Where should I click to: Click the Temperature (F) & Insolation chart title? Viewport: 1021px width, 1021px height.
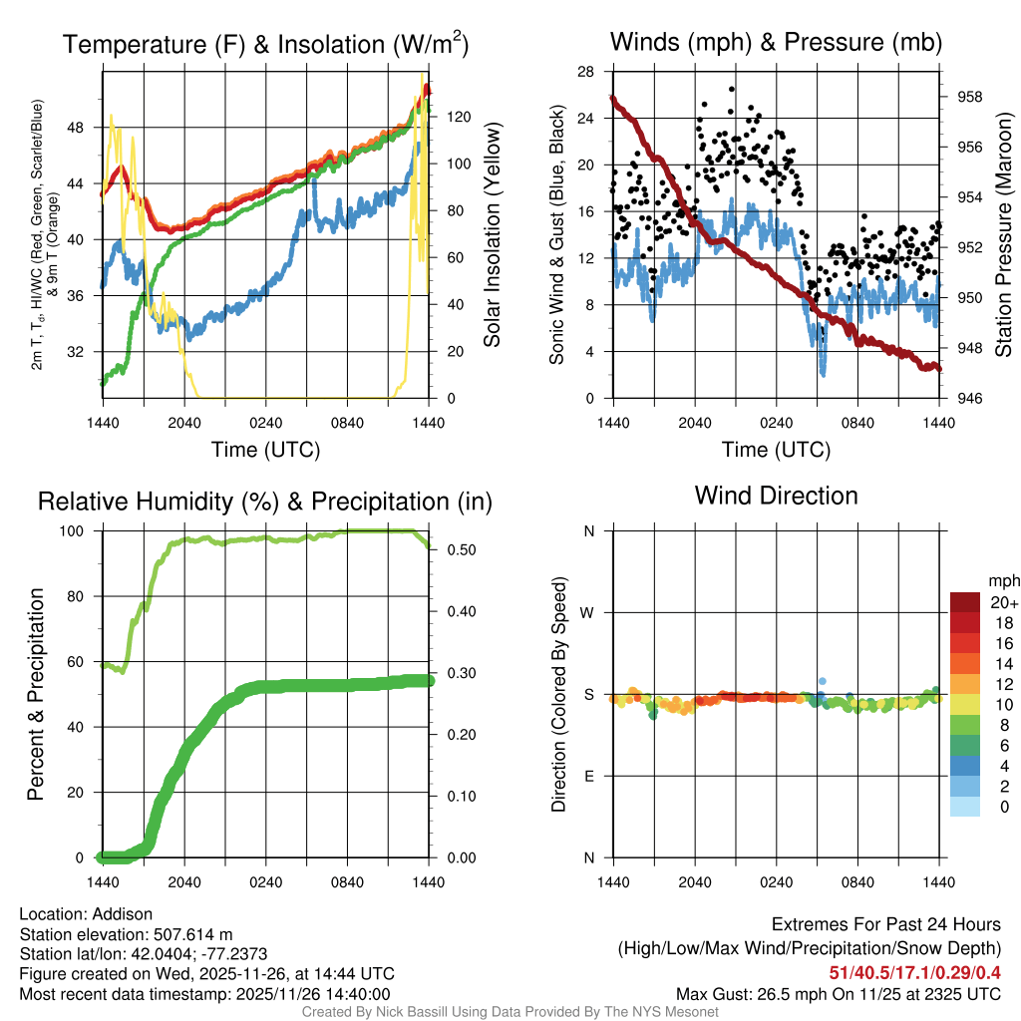(x=265, y=44)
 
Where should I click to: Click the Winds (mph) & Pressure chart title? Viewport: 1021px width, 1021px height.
(x=776, y=42)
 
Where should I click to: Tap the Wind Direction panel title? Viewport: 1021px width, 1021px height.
(x=776, y=496)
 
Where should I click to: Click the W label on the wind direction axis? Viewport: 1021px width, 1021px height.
(x=589, y=613)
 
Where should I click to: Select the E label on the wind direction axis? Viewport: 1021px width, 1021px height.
(x=589, y=777)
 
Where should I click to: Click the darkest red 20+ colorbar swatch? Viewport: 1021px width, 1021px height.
(x=964, y=601)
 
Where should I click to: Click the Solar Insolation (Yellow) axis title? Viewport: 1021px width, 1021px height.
(x=492, y=235)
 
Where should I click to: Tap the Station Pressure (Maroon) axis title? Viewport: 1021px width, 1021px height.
(x=1004, y=235)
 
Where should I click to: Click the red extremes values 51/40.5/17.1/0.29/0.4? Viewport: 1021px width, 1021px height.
(x=914, y=972)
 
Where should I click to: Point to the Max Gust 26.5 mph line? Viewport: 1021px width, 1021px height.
(x=838, y=993)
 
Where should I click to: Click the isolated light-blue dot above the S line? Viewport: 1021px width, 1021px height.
(x=822, y=680)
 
